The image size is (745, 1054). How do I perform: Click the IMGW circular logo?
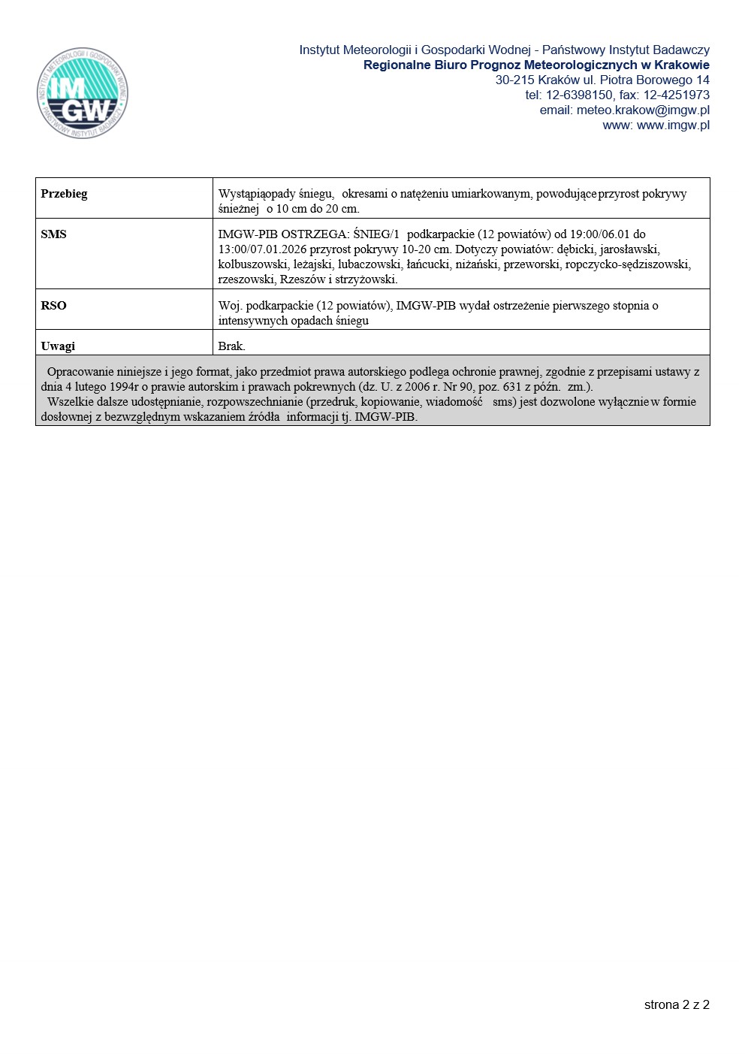pos(83,93)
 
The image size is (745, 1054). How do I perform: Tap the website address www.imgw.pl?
pos(673,125)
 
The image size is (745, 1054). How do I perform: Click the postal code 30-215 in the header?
pos(514,80)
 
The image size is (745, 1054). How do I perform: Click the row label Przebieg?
pos(64,194)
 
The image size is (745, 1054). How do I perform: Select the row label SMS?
pos(53,234)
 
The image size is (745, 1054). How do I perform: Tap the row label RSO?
pos(53,306)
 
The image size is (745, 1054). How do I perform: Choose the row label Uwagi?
pos(58,346)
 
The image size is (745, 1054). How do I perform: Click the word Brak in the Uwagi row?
pos(231,346)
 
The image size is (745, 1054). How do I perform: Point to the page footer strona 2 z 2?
pos(677,1005)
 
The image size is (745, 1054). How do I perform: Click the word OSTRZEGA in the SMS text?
pos(315,234)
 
